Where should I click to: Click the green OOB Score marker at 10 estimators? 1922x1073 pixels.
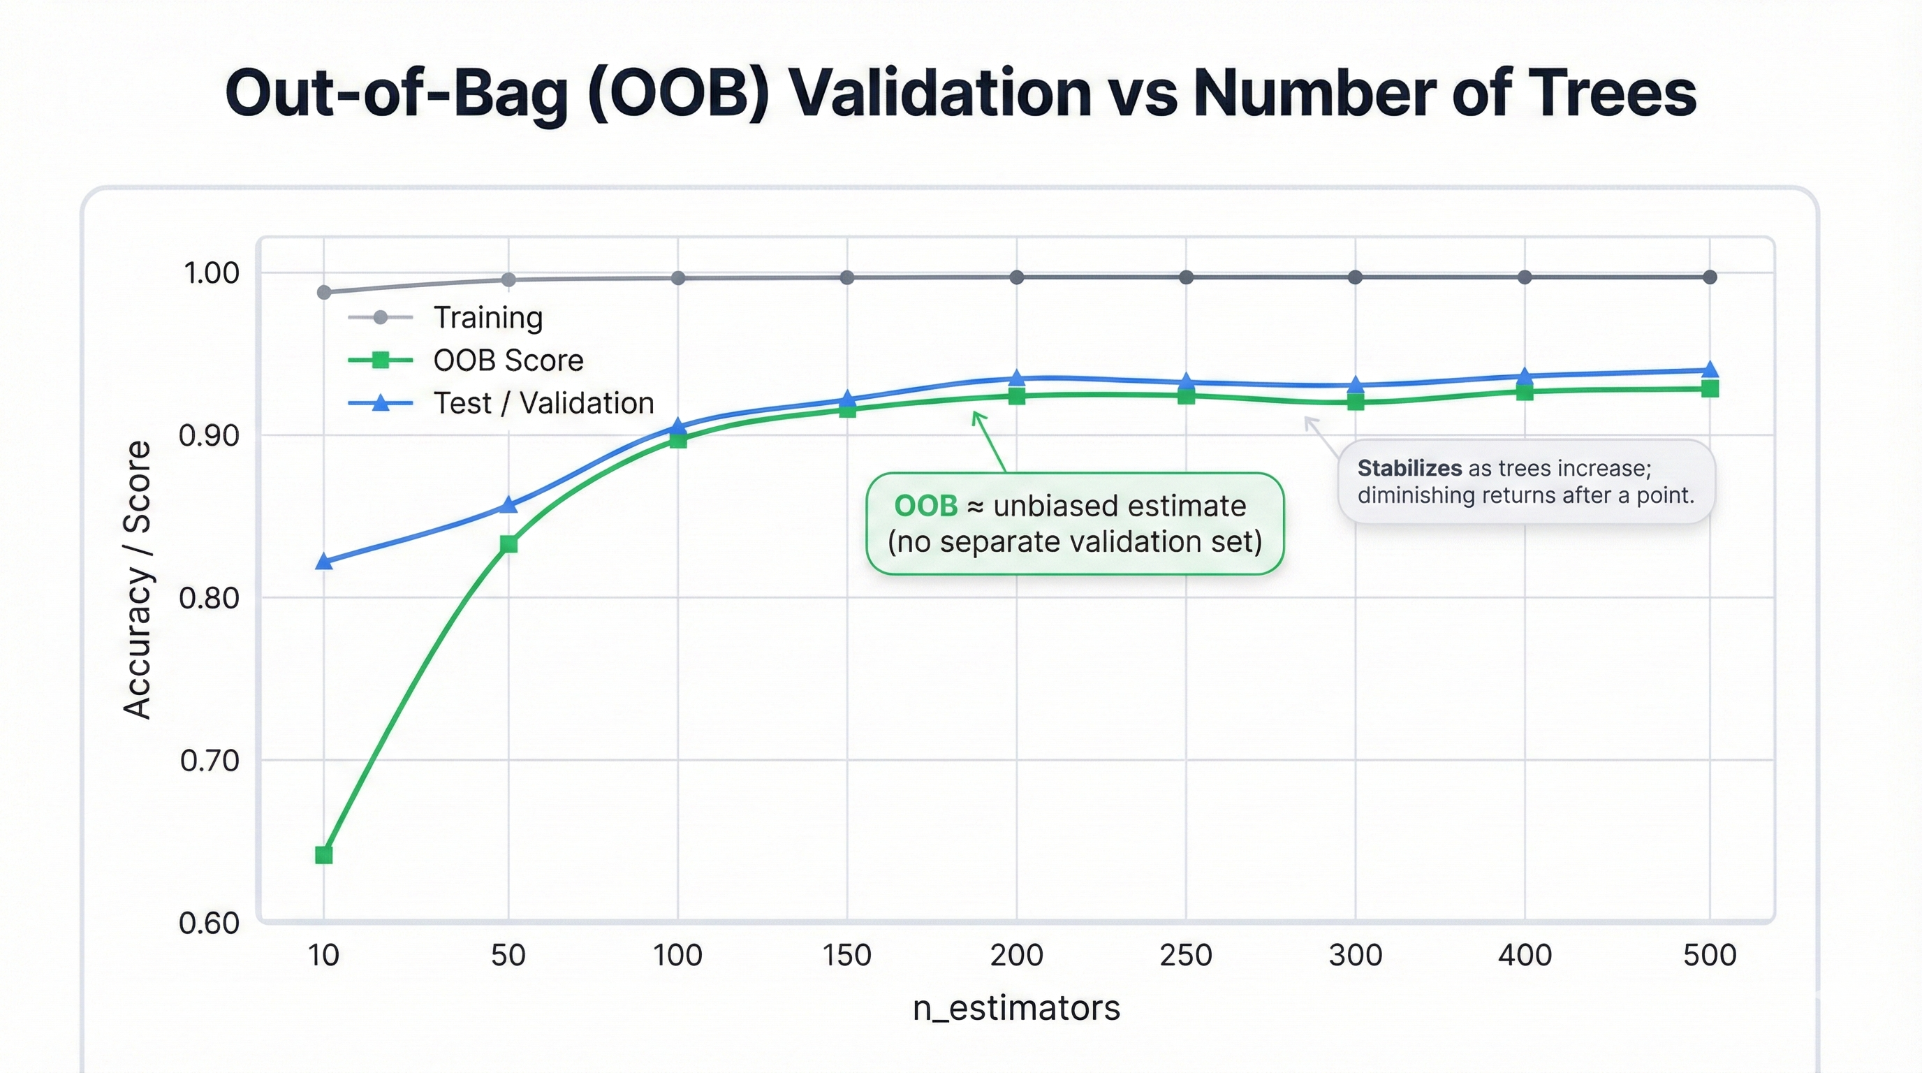(324, 854)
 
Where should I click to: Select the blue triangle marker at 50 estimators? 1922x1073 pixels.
(508, 505)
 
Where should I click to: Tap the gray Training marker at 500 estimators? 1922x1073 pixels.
(1710, 277)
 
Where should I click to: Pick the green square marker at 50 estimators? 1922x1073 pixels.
(508, 544)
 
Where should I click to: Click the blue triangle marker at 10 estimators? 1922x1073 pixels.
(324, 561)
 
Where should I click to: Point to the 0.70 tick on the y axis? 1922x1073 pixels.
(210, 760)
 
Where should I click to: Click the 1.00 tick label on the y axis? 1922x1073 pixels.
(211, 273)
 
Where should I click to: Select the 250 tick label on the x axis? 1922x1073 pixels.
(1186, 955)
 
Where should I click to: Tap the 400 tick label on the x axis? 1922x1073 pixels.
(1525, 955)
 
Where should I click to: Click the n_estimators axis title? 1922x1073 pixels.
(1016, 1008)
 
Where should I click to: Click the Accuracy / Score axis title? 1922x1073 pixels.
(138, 579)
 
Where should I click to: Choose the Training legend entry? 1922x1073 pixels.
(488, 318)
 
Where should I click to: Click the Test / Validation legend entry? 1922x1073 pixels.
(543, 404)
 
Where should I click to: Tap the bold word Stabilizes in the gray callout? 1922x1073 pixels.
(1409, 469)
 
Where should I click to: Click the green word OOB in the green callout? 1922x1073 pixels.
(925, 506)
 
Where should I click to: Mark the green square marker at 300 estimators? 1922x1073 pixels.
(1355, 402)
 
